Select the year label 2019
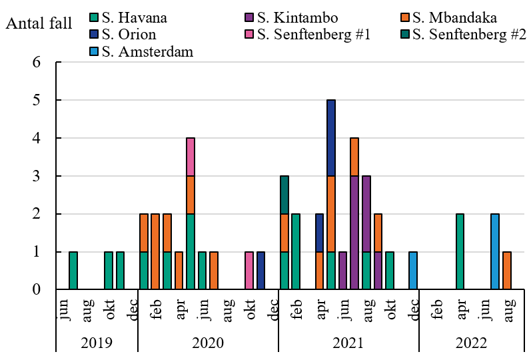click(97, 343)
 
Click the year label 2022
click(471, 343)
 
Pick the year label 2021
click(348, 343)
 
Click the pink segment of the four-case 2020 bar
click(191, 157)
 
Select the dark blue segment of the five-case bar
click(331, 138)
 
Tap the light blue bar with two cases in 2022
click(495, 252)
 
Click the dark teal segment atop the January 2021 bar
click(284, 195)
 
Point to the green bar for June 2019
click(73, 271)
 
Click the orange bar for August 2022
click(507, 271)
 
